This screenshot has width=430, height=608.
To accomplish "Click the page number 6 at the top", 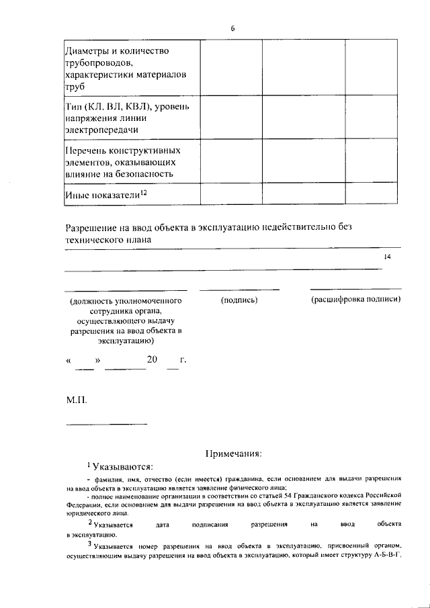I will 232,28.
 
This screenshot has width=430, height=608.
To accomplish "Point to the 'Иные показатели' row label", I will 101,194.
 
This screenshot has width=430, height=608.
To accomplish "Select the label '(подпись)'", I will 239,300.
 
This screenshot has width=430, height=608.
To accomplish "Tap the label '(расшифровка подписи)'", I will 355,300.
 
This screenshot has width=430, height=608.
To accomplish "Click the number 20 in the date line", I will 153,360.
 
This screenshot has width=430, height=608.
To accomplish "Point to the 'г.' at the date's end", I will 183,361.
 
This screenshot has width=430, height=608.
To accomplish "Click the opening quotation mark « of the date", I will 69,361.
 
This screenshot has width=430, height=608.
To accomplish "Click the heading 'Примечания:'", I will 233,453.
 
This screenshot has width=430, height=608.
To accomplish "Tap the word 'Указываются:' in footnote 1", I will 123,468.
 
